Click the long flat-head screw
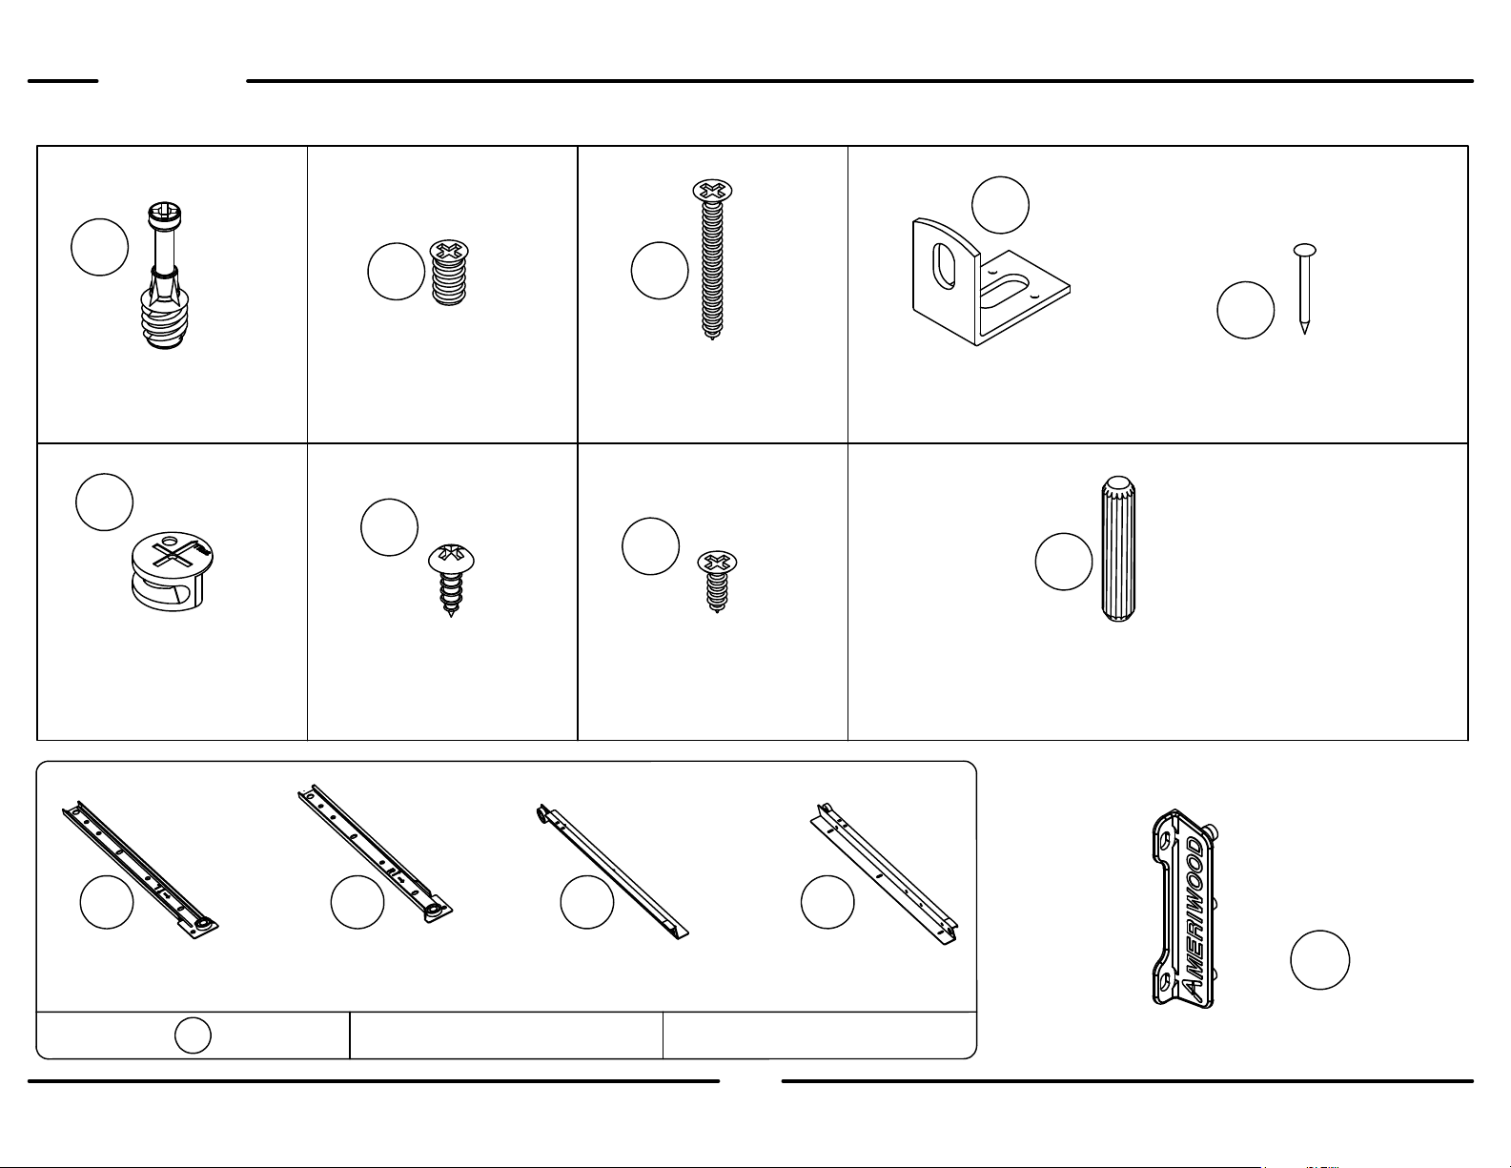click(x=712, y=260)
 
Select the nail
click(x=1304, y=288)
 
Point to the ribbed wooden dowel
click(x=1118, y=548)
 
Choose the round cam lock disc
click(x=172, y=571)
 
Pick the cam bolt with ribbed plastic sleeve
click(x=165, y=276)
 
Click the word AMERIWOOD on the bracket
click(x=1194, y=917)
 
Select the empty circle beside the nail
click(x=1245, y=310)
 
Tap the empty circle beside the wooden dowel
click(x=1064, y=562)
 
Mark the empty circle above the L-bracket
click(x=1000, y=205)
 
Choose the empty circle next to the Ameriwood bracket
click(x=1319, y=960)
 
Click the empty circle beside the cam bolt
click(x=99, y=247)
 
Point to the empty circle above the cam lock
click(x=104, y=502)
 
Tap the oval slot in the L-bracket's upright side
click(x=945, y=265)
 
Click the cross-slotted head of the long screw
click(x=712, y=191)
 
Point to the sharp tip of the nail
click(x=1304, y=333)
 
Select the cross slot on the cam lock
click(x=173, y=554)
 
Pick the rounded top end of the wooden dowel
click(x=1118, y=484)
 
